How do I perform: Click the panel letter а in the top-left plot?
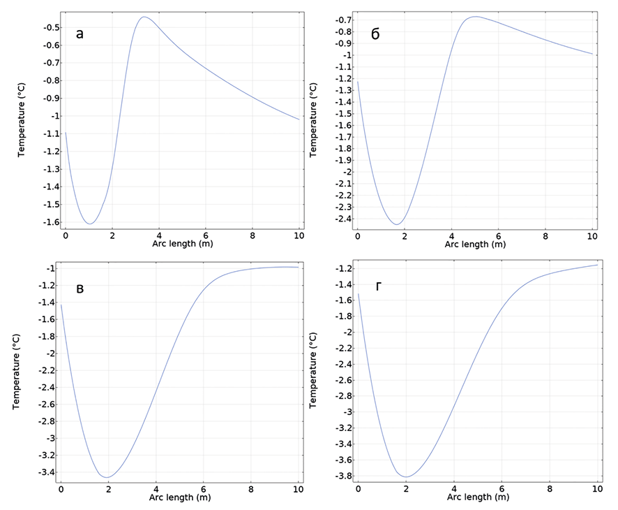coord(80,34)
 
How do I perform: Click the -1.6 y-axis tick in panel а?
coord(50,223)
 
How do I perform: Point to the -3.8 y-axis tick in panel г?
coord(342,476)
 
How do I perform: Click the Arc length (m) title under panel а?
coord(182,244)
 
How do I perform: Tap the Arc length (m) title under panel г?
coord(474,497)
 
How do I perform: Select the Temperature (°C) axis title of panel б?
coord(314,119)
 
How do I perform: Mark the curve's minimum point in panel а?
coord(90,224)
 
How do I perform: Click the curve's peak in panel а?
coord(144,17)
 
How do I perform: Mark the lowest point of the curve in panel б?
coord(396,224)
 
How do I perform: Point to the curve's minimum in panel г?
coord(406,476)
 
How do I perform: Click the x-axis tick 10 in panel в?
coord(298,488)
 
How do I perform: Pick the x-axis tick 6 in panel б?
coord(499,235)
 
